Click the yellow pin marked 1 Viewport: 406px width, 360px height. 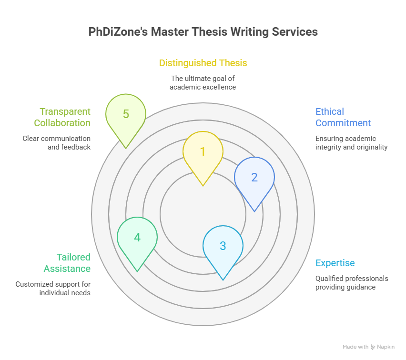(x=203, y=155)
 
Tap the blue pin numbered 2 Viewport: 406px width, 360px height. (x=254, y=181)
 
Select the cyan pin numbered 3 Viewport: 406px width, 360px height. (x=223, y=250)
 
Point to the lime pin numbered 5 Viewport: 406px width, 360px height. (x=126, y=118)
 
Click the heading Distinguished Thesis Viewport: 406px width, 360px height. (x=203, y=63)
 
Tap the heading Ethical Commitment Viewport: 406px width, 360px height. (x=343, y=117)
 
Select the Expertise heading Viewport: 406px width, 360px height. (x=335, y=263)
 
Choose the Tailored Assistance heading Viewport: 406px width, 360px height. (x=67, y=263)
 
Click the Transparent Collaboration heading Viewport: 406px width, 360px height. (x=62, y=117)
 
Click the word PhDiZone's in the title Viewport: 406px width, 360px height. (x=118, y=32)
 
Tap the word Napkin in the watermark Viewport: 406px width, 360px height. (x=386, y=347)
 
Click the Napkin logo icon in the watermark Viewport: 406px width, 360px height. (x=373, y=347)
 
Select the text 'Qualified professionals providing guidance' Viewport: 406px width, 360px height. (x=352, y=282)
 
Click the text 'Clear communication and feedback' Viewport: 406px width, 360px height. (x=56, y=142)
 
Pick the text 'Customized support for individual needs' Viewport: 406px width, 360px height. (x=53, y=288)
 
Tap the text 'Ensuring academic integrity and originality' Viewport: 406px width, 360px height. (x=351, y=142)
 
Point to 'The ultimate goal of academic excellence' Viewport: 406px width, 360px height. (x=203, y=82)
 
